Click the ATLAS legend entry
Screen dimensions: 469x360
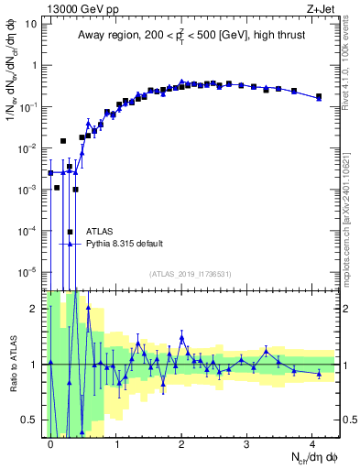click(x=100, y=232)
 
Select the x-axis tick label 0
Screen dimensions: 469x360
click(x=51, y=442)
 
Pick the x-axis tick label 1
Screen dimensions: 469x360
click(x=116, y=442)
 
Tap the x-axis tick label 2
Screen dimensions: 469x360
click(x=182, y=442)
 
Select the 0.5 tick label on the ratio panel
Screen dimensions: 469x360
click(x=31, y=420)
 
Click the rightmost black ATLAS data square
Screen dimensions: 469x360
click(x=319, y=96)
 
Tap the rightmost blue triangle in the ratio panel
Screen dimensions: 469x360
click(x=319, y=374)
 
